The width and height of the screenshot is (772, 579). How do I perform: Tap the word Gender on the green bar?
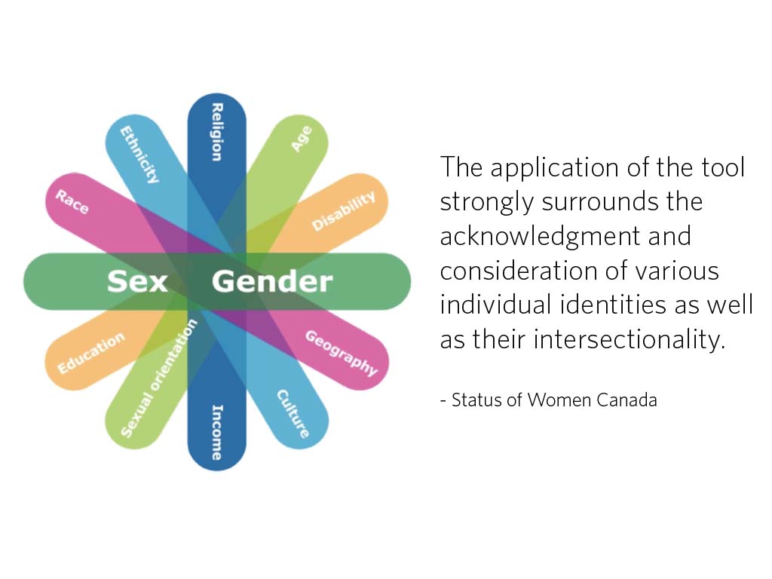(x=272, y=281)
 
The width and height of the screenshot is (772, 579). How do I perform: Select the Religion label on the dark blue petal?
(x=216, y=132)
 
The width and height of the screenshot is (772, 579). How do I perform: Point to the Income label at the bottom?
(x=216, y=432)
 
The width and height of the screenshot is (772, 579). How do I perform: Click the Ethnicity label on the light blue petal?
(x=141, y=155)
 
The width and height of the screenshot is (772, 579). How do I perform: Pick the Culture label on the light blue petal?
(x=293, y=413)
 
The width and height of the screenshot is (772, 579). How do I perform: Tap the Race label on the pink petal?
(x=72, y=201)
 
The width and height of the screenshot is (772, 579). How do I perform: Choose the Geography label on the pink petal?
(x=341, y=353)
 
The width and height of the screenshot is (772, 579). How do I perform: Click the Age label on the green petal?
(x=301, y=139)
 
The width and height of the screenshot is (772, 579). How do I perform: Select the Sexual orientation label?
(x=159, y=378)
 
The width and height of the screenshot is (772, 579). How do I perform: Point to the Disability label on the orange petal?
(x=343, y=211)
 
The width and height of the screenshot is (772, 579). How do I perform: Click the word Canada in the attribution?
(x=626, y=400)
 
